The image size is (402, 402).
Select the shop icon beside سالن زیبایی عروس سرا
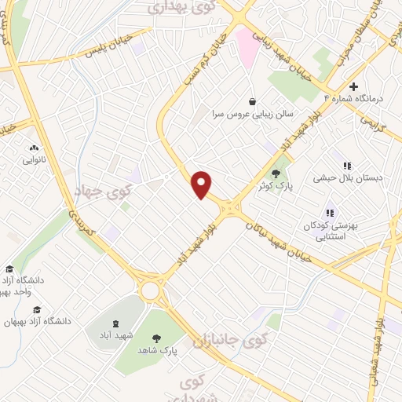(251, 101)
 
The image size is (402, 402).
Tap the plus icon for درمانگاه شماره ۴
(354, 86)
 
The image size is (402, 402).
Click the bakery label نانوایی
(34, 160)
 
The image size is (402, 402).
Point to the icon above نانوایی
(33, 148)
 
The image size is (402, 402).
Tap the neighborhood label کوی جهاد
(102, 189)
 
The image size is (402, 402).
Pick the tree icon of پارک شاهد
(157, 338)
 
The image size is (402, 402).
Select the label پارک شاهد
(158, 350)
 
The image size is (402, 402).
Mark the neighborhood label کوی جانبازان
(247, 340)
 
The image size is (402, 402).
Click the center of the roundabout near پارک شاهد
(150, 290)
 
